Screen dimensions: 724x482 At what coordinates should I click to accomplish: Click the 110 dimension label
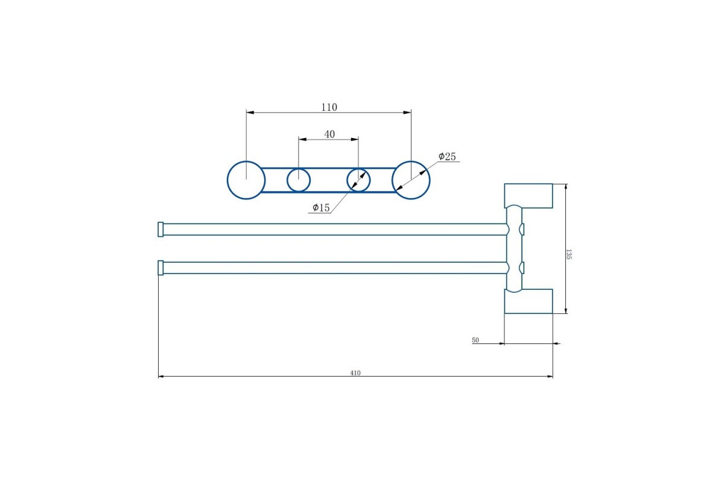329,107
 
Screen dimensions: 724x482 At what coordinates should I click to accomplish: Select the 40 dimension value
329,134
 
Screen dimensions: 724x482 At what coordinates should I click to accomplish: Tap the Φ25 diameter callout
447,157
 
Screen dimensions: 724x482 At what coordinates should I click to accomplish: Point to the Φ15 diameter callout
321,208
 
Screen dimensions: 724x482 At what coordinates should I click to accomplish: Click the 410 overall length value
355,373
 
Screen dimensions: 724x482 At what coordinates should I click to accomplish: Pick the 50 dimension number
475,340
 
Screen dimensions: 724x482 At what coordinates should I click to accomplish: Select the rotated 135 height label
568,254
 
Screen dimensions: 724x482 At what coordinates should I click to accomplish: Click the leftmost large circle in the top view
227,180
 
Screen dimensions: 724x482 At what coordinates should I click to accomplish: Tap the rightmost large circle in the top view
430,180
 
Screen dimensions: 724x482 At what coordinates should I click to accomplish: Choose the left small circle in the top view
287,180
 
